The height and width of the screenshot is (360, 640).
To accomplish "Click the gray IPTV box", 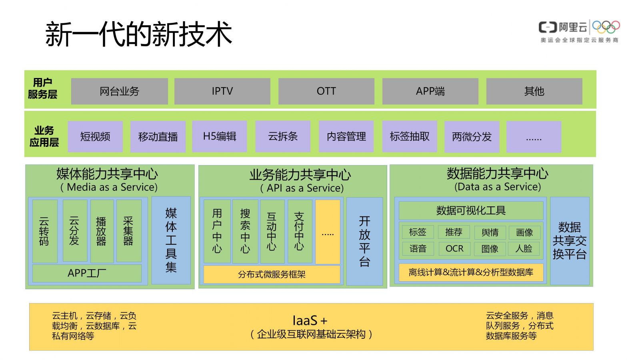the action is click(x=222, y=91).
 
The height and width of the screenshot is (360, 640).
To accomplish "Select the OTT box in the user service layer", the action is click(x=326, y=91).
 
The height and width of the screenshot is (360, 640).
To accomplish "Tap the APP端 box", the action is click(x=430, y=91).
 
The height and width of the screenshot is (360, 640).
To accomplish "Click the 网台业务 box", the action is click(x=120, y=91).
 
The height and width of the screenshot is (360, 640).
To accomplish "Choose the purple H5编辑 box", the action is click(x=220, y=136).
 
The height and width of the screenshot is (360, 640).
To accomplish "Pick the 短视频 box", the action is click(x=95, y=136).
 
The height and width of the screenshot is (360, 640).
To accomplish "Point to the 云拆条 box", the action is click(x=283, y=136).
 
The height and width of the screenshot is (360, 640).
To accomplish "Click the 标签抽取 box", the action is click(x=410, y=136).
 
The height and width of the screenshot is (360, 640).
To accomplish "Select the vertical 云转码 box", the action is click(x=45, y=231).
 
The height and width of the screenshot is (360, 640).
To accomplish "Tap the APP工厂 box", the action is click(x=87, y=273).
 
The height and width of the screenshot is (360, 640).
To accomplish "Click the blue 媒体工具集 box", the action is click(x=171, y=240).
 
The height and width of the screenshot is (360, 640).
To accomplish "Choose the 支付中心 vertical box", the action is click(x=300, y=231).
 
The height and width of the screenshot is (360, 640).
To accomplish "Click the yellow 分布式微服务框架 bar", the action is click(x=272, y=274).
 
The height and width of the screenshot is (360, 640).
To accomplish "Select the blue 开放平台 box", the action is click(x=364, y=241).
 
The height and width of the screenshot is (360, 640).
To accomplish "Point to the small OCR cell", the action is click(x=454, y=248).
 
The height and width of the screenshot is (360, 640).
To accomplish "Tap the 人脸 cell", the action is click(x=524, y=248).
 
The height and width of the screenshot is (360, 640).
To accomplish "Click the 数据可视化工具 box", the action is click(x=471, y=210).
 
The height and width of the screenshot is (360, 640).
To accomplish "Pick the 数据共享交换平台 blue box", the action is click(x=570, y=240).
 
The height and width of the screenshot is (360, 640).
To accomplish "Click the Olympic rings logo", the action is click(x=606, y=27).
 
